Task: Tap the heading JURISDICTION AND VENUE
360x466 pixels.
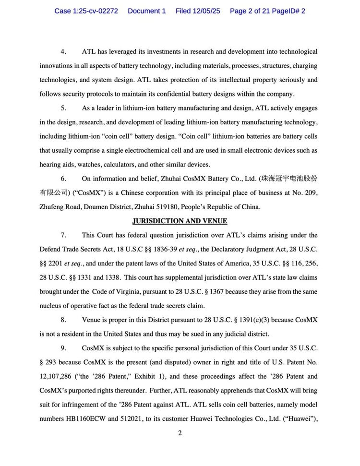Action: (180, 221)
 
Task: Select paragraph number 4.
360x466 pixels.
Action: (63, 51)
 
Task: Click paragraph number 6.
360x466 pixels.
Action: (63, 179)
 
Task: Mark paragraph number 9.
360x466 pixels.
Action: (63, 348)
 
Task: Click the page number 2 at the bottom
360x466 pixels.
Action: (180, 433)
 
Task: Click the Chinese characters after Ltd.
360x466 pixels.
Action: (288, 179)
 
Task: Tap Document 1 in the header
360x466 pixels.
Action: (146, 11)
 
